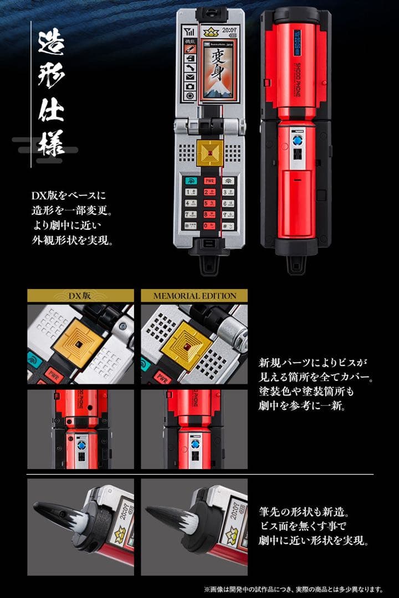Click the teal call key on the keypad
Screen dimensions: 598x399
point(191,181)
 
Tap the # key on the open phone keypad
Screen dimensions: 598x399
point(228,225)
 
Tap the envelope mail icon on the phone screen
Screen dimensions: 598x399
point(190,76)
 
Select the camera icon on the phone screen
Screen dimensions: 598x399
point(190,86)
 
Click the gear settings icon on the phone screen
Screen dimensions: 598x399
point(190,96)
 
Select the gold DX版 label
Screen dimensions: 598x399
point(80,295)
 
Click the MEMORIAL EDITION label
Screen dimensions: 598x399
point(194,295)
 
